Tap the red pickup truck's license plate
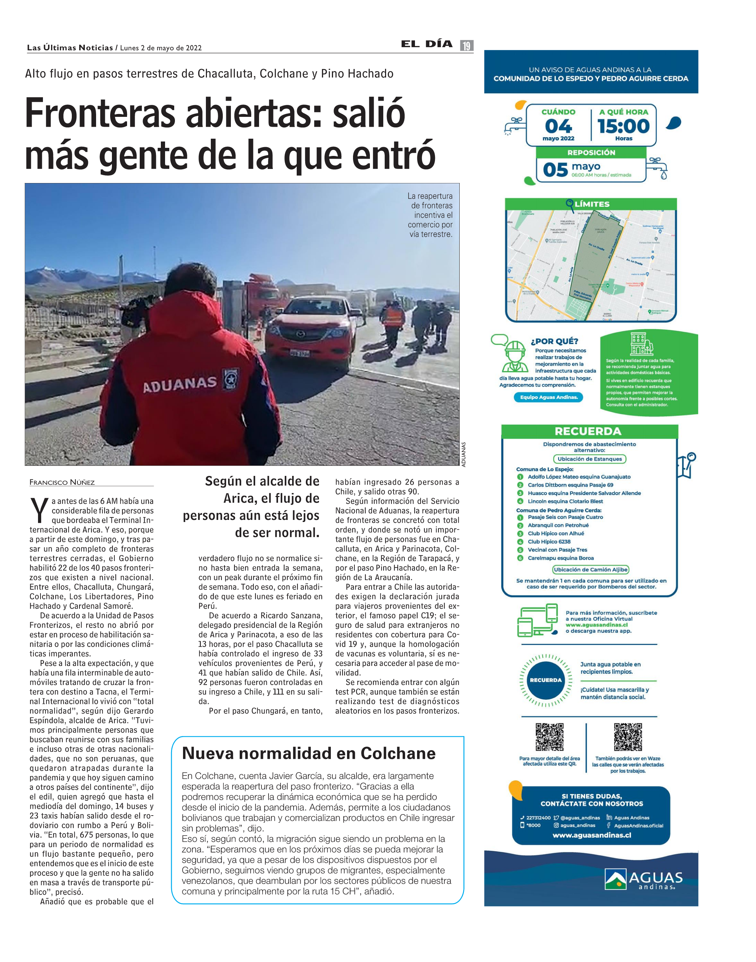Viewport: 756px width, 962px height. (299, 353)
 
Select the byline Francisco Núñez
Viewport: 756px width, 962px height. (62, 482)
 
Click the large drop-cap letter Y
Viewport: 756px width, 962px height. (39, 510)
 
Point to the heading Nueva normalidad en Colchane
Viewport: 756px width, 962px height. (309, 753)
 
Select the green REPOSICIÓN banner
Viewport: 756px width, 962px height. (591, 152)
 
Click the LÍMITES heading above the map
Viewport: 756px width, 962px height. (592, 204)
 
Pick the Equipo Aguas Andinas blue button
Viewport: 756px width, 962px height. (549, 397)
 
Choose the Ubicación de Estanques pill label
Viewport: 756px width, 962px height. (590, 459)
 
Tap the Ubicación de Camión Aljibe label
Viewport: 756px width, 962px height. (591, 569)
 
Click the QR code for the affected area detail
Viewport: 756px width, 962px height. (549, 737)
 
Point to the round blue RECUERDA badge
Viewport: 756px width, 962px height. (546, 680)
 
